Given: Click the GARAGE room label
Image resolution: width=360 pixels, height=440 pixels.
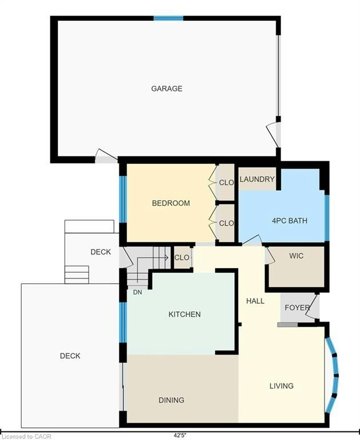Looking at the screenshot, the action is tap(167, 89).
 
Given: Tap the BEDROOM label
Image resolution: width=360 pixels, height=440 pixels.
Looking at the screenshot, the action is tap(171, 203).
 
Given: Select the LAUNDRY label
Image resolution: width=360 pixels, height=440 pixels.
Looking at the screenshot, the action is tap(257, 179).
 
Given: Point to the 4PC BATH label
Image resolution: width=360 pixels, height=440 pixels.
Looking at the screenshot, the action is tap(290, 221).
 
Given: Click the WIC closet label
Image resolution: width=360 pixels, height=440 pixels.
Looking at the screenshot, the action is tap(296, 256).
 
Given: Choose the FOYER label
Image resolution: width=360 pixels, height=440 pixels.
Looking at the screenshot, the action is tap(297, 308).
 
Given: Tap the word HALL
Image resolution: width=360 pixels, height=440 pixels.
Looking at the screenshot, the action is tap(255, 301).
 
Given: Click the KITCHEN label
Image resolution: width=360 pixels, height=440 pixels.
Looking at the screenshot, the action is tap(184, 315).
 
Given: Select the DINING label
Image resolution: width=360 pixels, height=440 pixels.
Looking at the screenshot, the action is tap(171, 400).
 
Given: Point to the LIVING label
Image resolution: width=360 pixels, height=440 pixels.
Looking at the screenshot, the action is tap(282, 386).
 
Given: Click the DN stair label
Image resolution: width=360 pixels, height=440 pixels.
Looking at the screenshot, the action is tap(137, 292).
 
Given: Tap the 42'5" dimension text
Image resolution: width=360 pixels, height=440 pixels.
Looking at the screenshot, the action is tap(180, 435).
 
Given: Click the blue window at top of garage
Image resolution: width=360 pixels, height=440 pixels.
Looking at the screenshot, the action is tap(168, 18).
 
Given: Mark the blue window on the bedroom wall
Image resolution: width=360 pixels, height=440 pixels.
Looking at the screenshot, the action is tap(122, 199).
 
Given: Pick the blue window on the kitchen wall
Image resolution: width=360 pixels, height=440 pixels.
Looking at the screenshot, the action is tap(122, 323).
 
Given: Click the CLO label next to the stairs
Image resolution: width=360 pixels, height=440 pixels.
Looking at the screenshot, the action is tap(181, 257).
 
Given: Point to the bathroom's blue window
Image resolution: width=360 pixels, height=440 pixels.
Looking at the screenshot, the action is tap(327, 218).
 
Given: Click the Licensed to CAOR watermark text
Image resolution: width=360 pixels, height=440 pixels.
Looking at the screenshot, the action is tap(26, 437).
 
